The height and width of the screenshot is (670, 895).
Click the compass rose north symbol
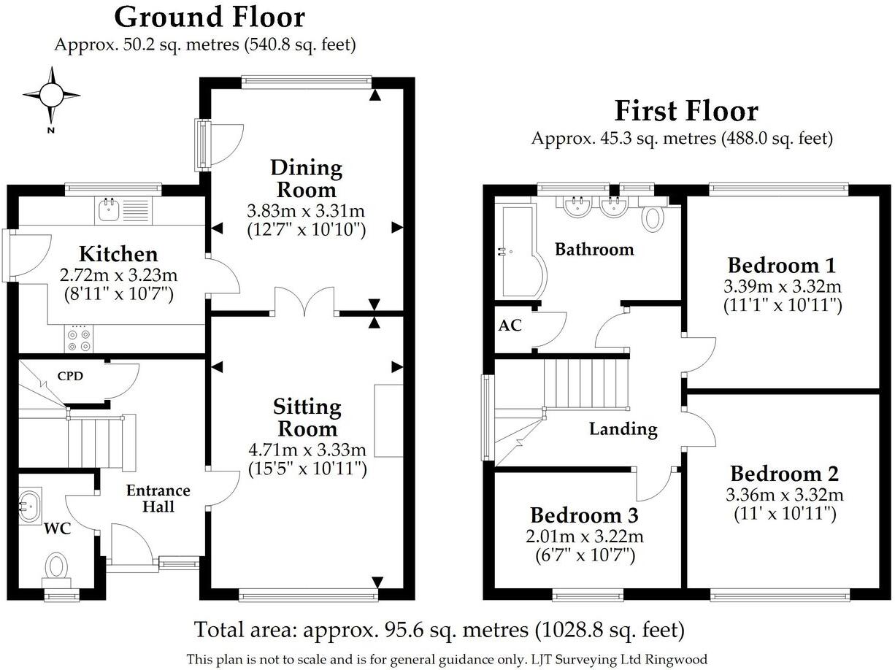tap(51, 96)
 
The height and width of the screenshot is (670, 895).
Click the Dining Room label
tap(307, 179)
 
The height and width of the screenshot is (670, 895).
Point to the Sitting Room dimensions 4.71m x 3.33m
tap(307, 450)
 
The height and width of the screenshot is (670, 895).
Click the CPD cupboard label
tap(70, 376)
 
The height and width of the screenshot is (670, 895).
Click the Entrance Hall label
tap(158, 498)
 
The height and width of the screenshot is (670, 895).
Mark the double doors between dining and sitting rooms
tap(304, 301)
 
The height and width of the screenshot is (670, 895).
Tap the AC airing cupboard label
tap(510, 326)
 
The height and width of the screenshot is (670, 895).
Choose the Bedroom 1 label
tap(782, 266)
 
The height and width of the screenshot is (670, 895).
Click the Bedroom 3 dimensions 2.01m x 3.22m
tap(585, 536)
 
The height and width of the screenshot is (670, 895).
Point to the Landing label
tap(623, 428)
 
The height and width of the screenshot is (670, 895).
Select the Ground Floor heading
tap(210, 18)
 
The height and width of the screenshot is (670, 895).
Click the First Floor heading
tap(686, 111)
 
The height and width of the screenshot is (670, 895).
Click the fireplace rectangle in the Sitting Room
tap(388, 420)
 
